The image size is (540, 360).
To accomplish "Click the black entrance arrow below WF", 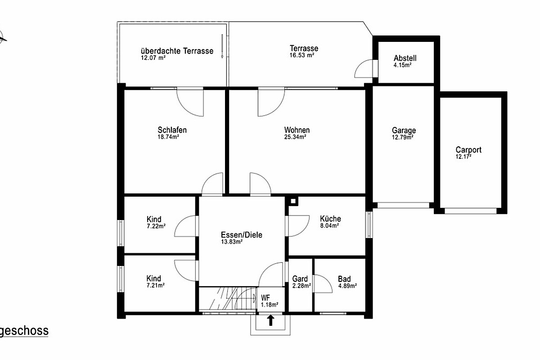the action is tap(271, 320).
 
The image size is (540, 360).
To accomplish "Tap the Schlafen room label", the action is tap(172, 130).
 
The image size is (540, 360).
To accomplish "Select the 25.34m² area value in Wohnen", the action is tap(295, 137).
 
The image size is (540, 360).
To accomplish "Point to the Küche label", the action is tap(330, 219).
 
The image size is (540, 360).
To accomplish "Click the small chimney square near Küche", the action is tap(293, 201).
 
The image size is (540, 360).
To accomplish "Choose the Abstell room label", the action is tap(405, 58).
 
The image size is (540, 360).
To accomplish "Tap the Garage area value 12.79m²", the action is tap(403, 137).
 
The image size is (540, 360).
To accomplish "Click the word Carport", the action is tap(468, 150).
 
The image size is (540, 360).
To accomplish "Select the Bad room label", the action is tap(344, 279).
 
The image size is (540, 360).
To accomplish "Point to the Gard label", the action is tap(300, 279).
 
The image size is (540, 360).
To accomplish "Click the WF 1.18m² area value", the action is tap(270, 305).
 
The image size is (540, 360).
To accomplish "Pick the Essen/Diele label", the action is tap(242, 235).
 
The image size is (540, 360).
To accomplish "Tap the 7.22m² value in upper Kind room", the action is tap(156, 226).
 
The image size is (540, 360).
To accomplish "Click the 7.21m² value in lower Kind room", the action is tap(156, 285).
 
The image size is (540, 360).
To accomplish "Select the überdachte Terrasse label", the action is tap(177, 51).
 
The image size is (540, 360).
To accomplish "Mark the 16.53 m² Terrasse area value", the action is tap(302, 55).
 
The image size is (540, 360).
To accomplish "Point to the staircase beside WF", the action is tap(228, 298).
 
